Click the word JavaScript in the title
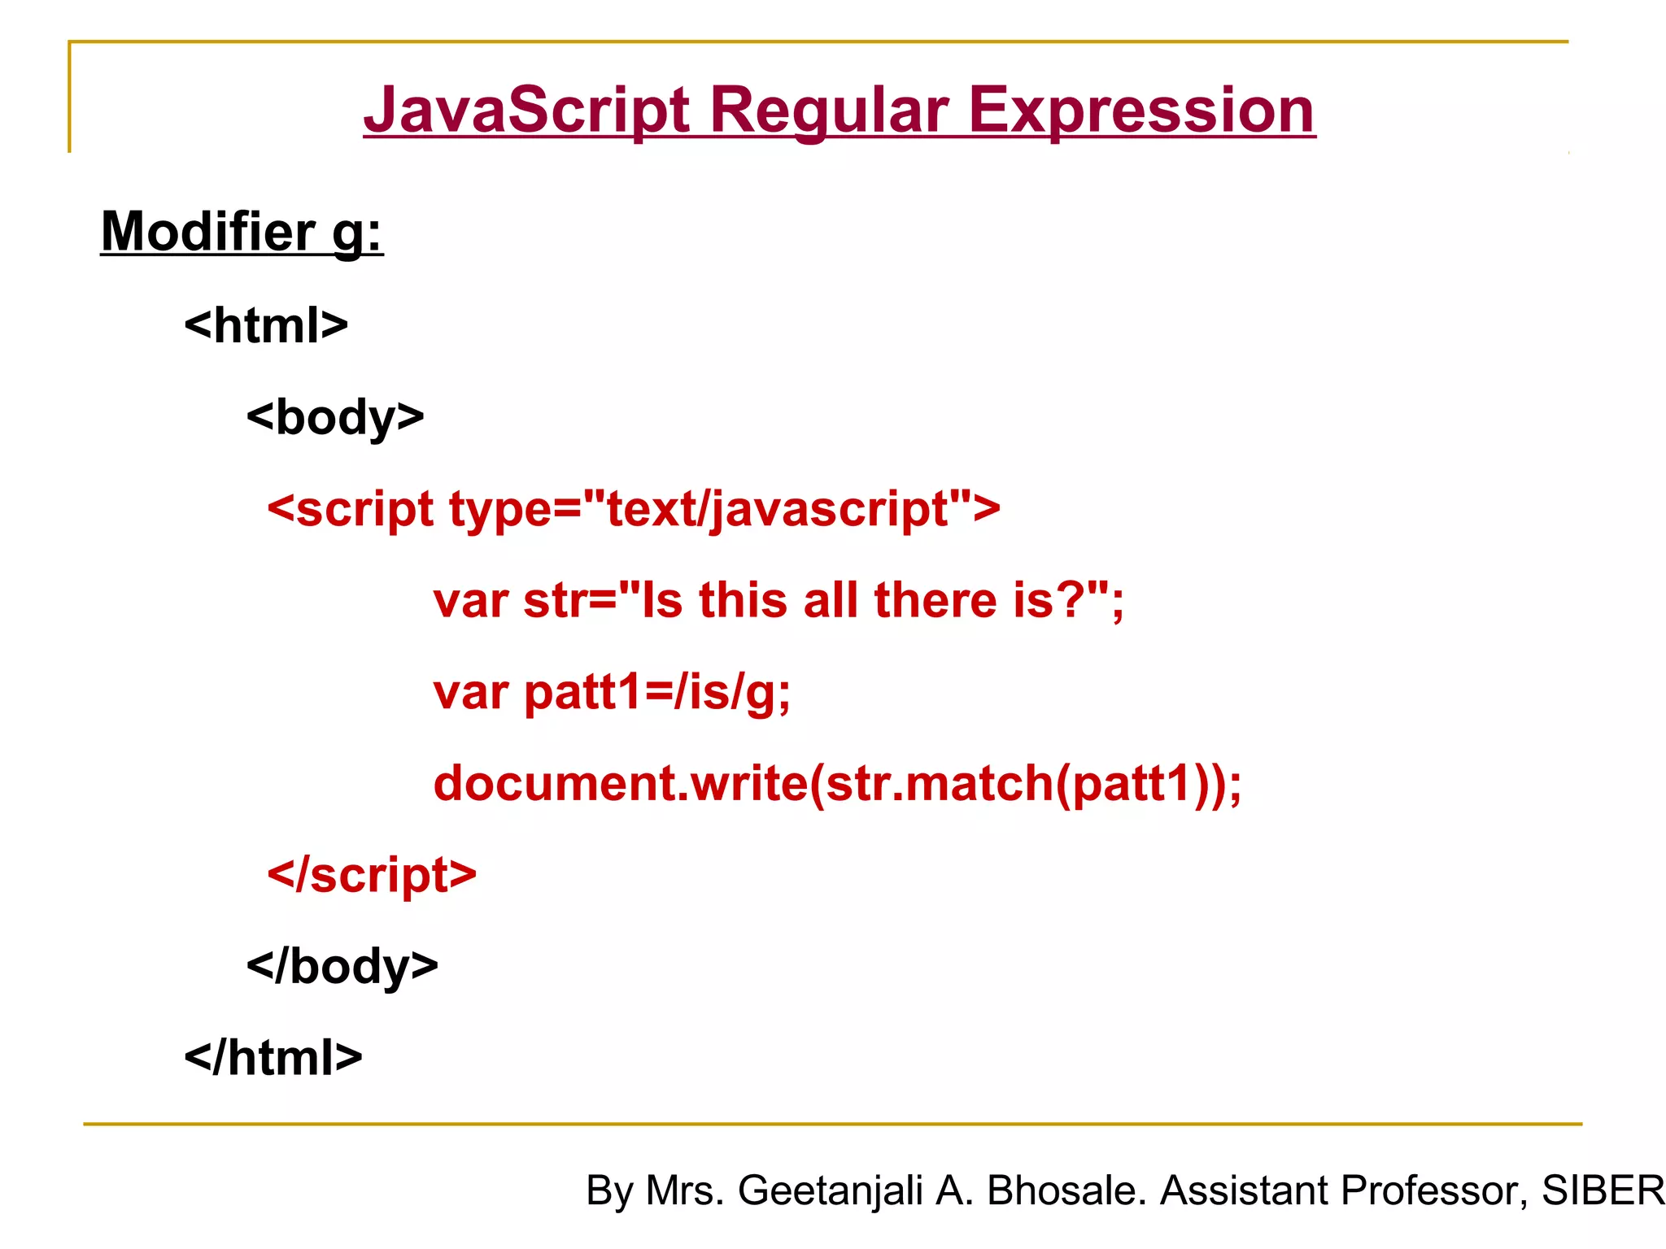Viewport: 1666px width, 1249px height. click(x=527, y=111)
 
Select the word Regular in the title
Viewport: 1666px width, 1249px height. click(x=829, y=111)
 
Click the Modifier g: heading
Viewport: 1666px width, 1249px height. click(x=242, y=233)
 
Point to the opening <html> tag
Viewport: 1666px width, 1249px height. click(x=266, y=326)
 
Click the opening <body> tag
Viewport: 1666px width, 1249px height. click(x=335, y=417)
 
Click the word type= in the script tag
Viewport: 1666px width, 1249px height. click(x=515, y=510)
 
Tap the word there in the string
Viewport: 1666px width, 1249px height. click(x=935, y=601)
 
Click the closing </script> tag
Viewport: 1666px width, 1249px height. click(x=372, y=876)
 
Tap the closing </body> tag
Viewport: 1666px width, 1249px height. click(x=342, y=967)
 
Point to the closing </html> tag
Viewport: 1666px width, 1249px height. click(x=273, y=1058)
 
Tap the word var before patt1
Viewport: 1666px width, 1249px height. click(x=471, y=693)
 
